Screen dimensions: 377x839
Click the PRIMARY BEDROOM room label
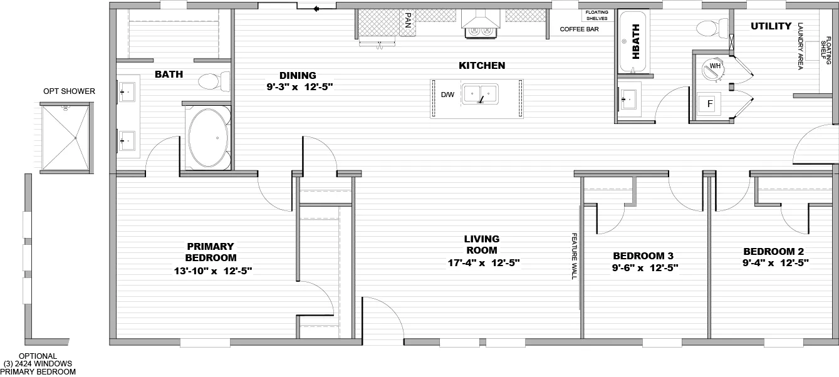211,252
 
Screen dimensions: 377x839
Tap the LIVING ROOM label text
481,244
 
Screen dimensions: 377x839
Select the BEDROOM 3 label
643,256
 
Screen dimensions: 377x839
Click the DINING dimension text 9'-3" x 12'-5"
299,86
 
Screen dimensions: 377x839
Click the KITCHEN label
482,65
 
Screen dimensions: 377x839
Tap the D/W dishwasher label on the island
447,95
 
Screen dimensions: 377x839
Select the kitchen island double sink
481,95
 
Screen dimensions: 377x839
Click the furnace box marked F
710,104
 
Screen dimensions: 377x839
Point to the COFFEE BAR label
579,29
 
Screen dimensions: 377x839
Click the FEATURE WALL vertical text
573,256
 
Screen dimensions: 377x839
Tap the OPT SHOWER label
69,91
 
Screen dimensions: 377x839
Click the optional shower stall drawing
65,138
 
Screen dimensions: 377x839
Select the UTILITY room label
771,26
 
